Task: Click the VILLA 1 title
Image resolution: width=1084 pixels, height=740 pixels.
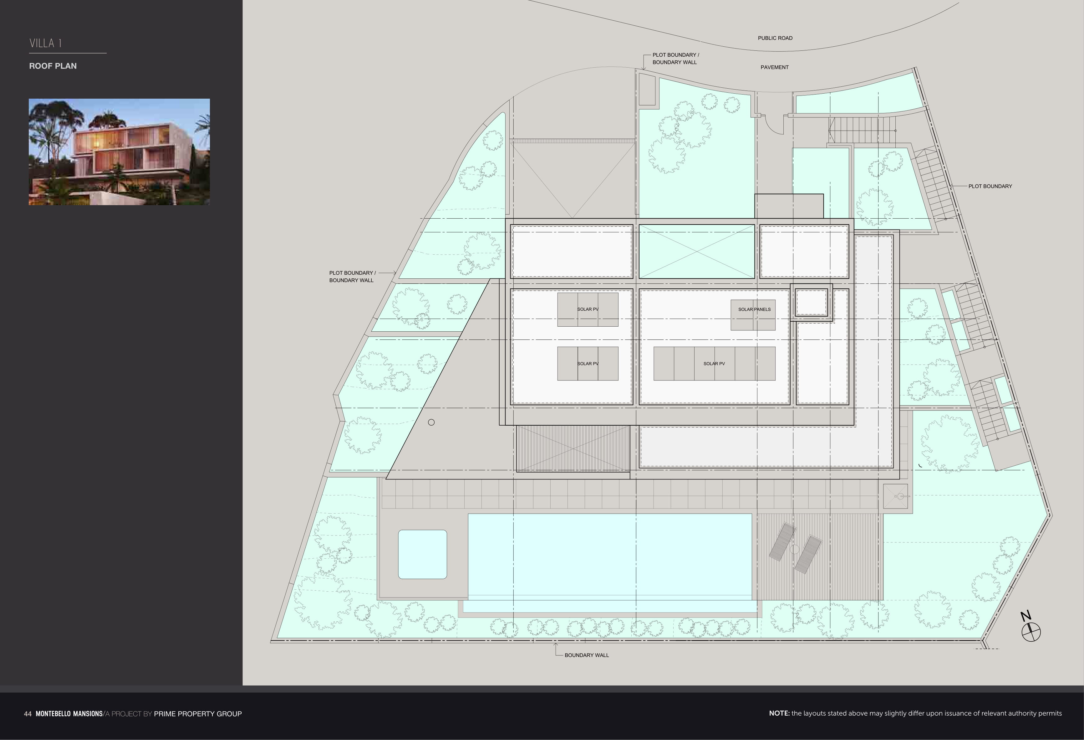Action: (x=46, y=44)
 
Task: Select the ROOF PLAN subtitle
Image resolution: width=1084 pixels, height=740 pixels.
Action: (x=53, y=66)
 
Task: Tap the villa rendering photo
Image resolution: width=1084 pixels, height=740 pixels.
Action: (x=120, y=152)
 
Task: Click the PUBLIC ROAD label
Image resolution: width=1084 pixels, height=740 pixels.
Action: (x=775, y=38)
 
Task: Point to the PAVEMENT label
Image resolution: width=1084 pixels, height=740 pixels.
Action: (x=774, y=67)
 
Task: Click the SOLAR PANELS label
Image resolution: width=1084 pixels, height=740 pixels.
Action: (x=754, y=309)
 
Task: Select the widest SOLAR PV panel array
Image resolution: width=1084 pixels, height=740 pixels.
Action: (x=714, y=363)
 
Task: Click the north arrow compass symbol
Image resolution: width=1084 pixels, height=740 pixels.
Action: (x=1031, y=632)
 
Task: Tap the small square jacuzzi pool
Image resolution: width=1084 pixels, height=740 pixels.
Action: (x=422, y=554)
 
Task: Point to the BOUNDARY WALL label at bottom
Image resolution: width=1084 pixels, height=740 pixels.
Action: (x=586, y=655)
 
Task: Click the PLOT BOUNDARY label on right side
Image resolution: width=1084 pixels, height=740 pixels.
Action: (x=990, y=186)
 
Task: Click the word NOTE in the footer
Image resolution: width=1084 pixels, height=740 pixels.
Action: (x=779, y=713)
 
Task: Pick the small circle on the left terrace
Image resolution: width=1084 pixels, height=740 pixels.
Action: (x=431, y=422)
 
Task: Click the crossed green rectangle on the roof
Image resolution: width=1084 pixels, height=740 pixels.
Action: (x=696, y=251)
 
